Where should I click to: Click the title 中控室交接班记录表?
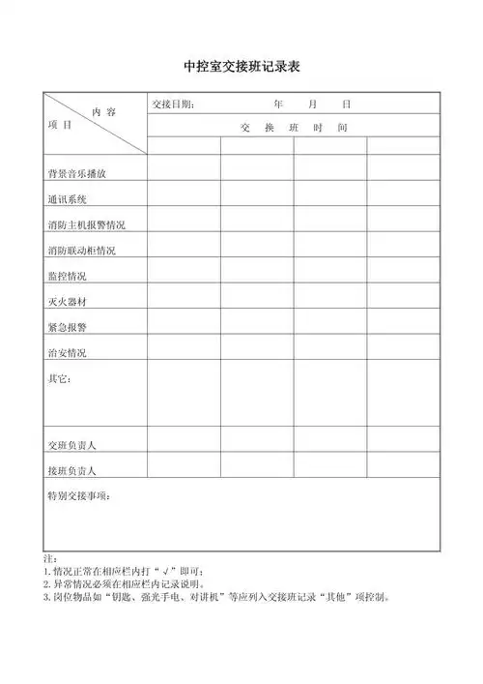point(242,68)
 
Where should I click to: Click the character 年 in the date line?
point(278,104)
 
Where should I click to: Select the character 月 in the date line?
point(312,104)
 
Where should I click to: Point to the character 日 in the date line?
point(345,104)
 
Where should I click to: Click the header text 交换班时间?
point(294,128)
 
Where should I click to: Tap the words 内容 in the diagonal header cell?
point(103,112)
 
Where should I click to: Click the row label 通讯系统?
point(67,199)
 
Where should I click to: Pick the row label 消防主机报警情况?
point(86,224)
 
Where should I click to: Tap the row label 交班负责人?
point(71,445)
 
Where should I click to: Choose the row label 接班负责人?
point(71,470)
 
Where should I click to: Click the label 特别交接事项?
point(78,495)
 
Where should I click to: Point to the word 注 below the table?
point(49,560)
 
